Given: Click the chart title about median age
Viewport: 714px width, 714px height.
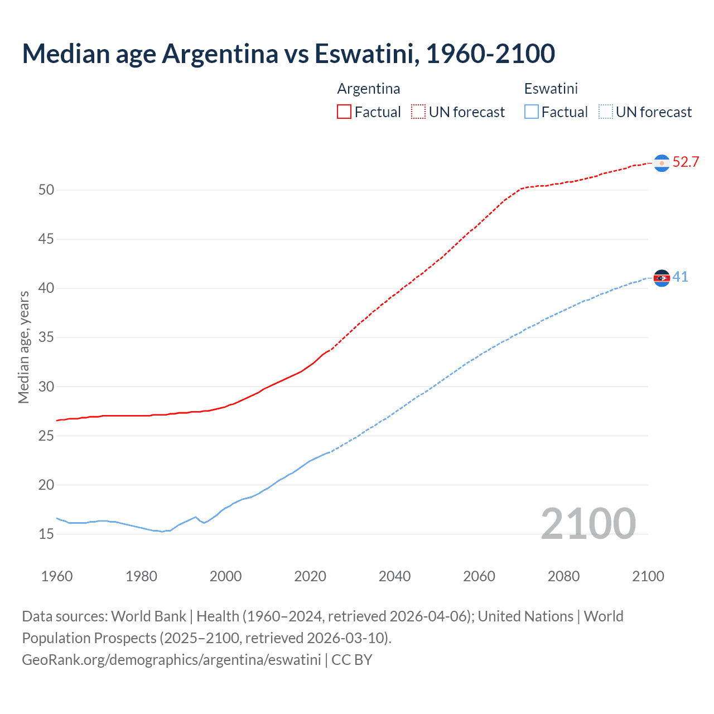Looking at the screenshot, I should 288,54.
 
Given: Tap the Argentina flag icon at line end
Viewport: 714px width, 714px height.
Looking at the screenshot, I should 662,163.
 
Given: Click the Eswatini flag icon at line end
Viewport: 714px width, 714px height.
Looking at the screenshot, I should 662,278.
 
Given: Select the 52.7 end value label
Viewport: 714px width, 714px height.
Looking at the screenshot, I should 686,162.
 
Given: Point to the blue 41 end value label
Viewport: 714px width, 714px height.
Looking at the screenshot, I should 680,277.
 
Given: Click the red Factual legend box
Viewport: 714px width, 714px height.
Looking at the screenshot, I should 344,112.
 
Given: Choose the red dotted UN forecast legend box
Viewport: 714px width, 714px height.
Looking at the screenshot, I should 418,112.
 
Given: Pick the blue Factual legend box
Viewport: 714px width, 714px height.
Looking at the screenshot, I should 531,112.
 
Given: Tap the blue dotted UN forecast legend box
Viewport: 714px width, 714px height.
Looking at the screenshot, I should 605,112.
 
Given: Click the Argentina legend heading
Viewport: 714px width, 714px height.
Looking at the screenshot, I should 369,89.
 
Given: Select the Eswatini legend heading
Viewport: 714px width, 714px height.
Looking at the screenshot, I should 551,89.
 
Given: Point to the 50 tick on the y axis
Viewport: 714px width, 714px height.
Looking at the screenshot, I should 46,190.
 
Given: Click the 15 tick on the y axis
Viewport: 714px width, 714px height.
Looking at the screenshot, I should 46,534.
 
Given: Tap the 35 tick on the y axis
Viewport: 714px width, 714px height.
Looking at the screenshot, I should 46,337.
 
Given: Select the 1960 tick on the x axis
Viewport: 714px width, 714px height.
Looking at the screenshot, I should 57,576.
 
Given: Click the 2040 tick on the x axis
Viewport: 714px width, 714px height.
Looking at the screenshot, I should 394,576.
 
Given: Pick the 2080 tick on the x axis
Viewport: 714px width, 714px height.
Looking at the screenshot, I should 563,576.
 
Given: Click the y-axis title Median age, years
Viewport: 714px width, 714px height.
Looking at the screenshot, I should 23,347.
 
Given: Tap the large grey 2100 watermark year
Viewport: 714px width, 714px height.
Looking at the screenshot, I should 588,523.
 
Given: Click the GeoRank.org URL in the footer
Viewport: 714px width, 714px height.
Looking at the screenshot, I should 171,660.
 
